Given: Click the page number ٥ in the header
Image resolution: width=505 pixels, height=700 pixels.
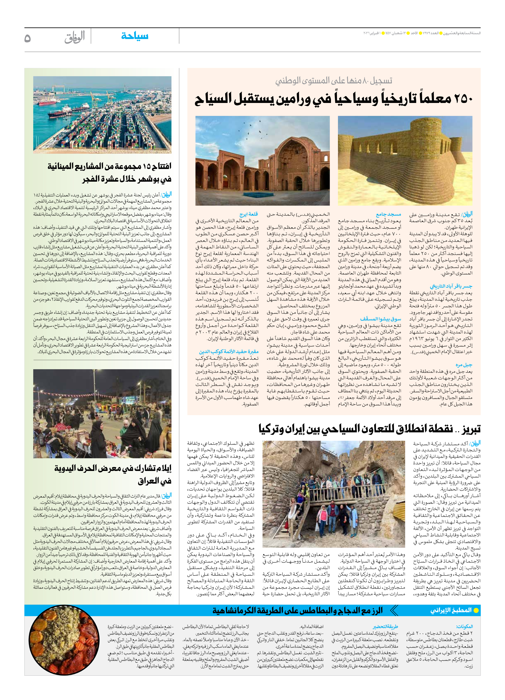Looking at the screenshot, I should point(28,38).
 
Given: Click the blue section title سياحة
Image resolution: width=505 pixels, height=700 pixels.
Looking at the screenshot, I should point(135,36).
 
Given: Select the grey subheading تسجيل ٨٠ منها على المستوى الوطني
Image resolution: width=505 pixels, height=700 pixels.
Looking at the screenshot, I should point(334,81).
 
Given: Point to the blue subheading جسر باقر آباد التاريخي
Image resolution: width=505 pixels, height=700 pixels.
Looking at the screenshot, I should point(451,286).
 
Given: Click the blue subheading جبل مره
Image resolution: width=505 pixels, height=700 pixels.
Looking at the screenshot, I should point(464,365).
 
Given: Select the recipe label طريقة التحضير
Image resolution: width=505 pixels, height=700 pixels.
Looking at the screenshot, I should point(385,627).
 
